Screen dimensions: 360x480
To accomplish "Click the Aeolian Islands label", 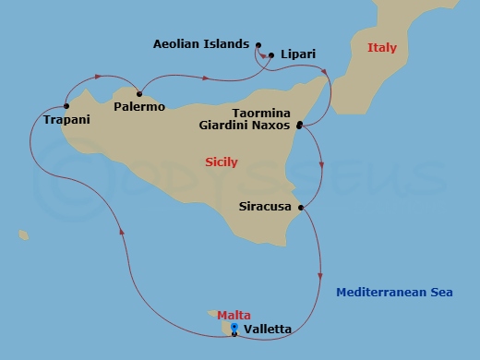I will (x=200, y=43).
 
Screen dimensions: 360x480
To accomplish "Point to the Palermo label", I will (x=139, y=107).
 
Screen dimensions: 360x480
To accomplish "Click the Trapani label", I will (x=66, y=121).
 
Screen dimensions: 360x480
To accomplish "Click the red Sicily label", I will (x=221, y=162).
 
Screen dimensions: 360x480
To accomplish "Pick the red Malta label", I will (x=234, y=315).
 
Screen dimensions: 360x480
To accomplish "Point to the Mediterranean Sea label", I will (x=394, y=293).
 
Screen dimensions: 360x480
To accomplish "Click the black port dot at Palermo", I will (x=139, y=92).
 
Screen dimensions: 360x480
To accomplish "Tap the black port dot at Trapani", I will (x=67, y=105).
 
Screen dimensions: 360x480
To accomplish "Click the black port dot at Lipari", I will (x=270, y=54).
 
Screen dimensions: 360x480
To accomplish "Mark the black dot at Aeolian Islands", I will (x=258, y=44).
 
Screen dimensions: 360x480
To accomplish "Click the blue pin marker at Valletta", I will (x=234, y=327).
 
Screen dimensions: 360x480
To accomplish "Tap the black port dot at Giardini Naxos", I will (x=299, y=124).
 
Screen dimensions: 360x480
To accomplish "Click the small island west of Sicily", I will (x=22, y=235).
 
